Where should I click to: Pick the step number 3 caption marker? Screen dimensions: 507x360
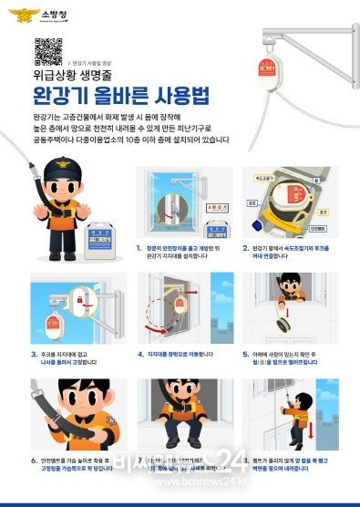click(x=34, y=351)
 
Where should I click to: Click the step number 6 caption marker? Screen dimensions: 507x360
click(x=34, y=460)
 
